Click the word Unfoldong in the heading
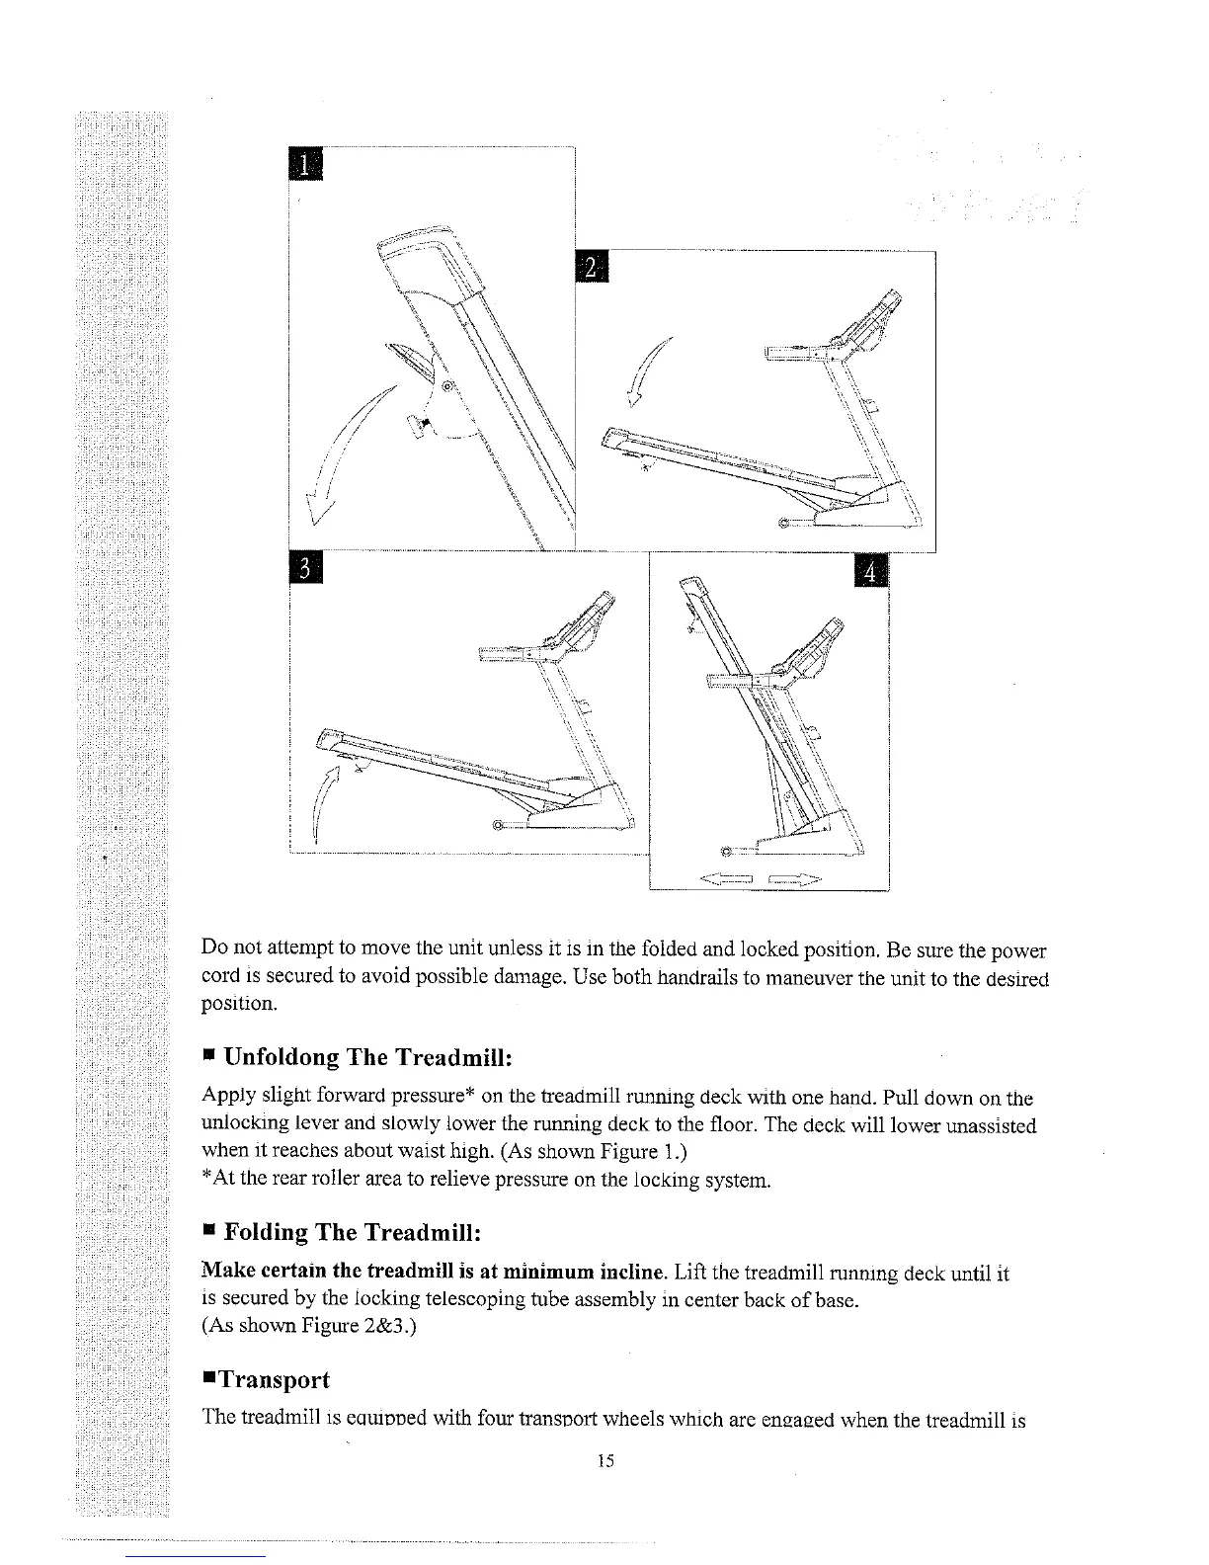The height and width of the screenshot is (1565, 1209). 282,1057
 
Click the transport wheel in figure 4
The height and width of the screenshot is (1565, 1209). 728,850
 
